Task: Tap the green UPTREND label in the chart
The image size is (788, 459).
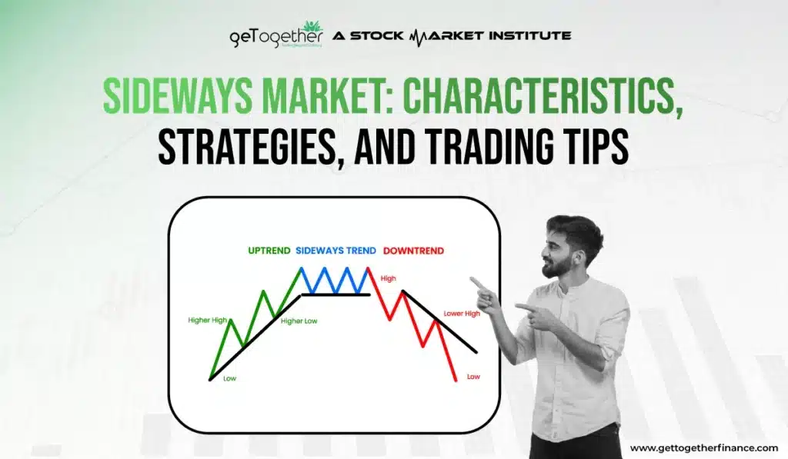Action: coord(269,251)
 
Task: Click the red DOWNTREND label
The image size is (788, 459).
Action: coord(413,251)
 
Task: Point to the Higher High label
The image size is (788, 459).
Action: coord(207,320)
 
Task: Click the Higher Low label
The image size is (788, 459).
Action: coord(299,321)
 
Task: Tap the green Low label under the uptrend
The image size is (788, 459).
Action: coord(229,378)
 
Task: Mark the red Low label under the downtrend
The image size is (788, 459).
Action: coord(473,377)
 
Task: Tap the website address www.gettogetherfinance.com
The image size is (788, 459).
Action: coord(703,447)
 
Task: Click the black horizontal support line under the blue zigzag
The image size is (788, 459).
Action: coord(336,294)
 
